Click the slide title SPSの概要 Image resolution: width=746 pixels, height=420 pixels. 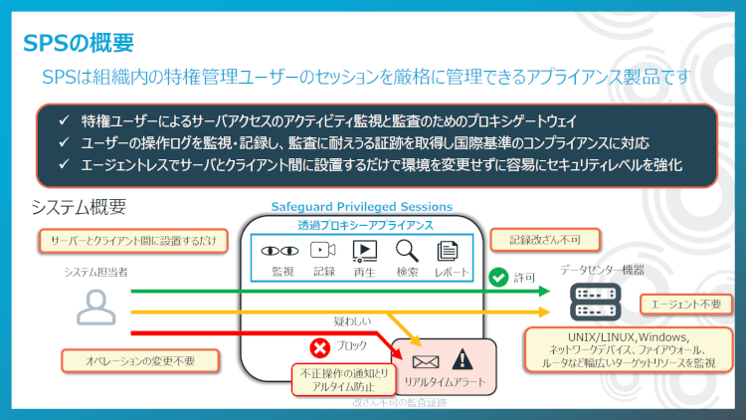(x=78, y=43)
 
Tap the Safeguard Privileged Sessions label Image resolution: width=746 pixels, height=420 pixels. (x=361, y=207)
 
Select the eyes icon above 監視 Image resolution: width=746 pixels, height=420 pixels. (x=281, y=251)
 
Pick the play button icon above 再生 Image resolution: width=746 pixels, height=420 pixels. (x=365, y=251)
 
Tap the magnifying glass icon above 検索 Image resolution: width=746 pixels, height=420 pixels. (x=406, y=251)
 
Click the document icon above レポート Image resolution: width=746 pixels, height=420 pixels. (x=448, y=251)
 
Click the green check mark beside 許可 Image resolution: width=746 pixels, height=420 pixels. (x=499, y=277)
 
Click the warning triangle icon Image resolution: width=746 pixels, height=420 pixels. (x=462, y=359)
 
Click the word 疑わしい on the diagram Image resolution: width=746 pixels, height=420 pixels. (x=354, y=321)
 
